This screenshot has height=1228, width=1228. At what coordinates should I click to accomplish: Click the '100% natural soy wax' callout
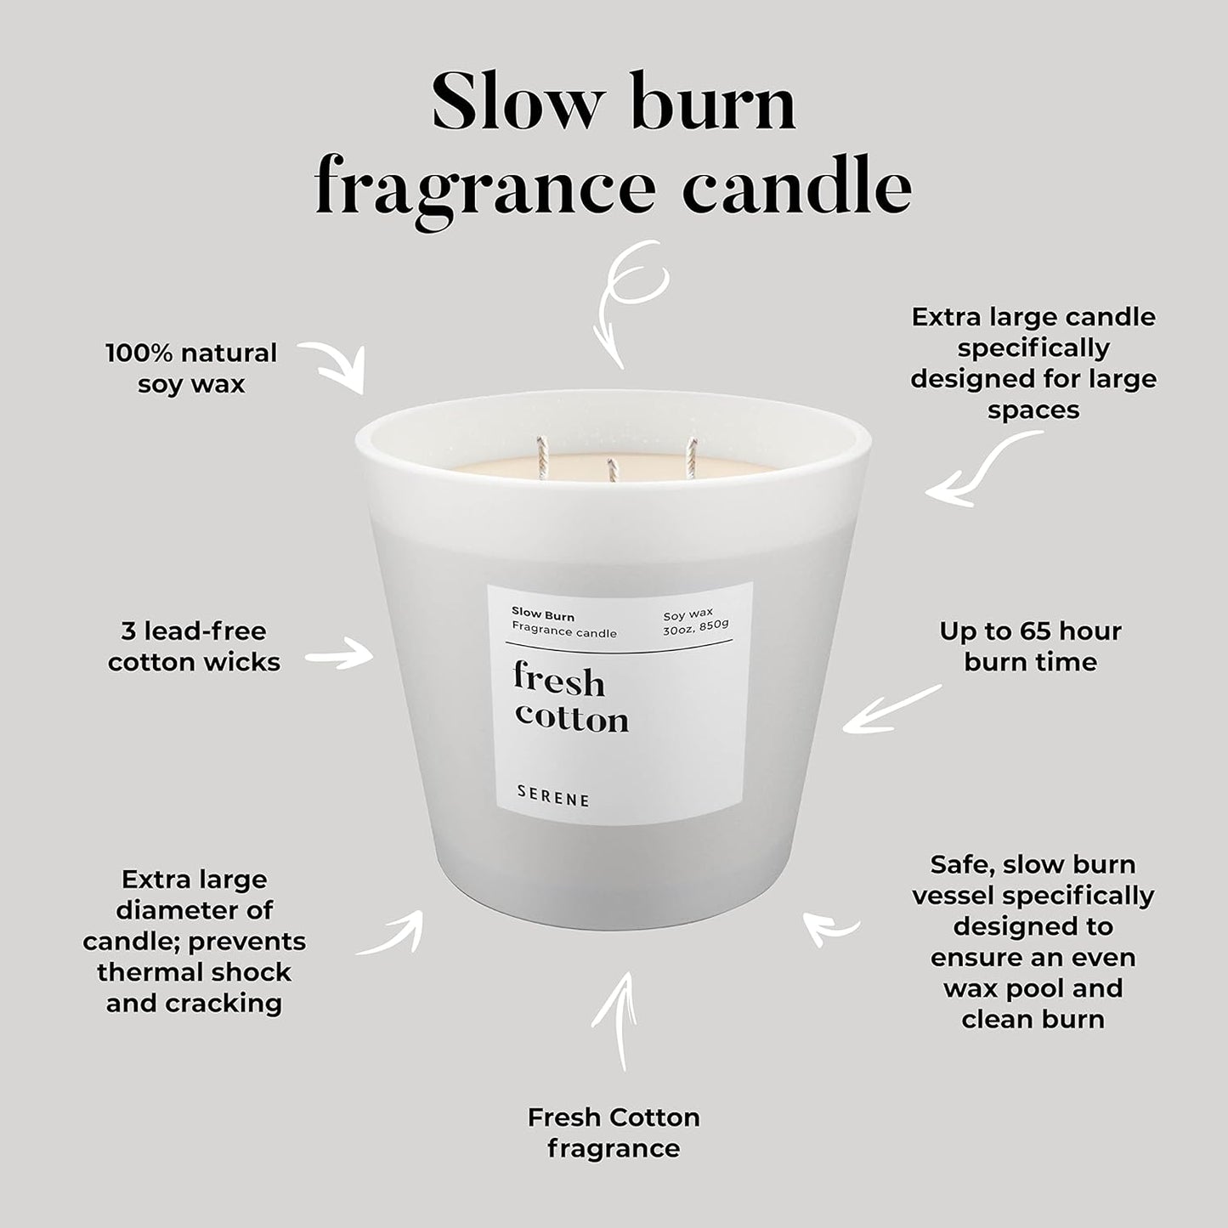[191, 368]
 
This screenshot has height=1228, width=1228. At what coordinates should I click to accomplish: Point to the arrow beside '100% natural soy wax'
[333, 365]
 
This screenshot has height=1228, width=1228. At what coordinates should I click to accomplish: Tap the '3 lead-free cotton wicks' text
[194, 646]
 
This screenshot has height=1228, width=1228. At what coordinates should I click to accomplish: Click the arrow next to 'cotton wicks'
[338, 656]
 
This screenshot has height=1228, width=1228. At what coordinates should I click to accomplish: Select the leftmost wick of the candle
[540, 453]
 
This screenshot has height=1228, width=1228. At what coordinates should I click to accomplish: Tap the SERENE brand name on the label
[553, 799]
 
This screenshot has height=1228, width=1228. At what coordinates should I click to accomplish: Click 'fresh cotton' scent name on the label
[570, 699]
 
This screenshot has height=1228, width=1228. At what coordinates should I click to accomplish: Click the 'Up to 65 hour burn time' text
[1030, 646]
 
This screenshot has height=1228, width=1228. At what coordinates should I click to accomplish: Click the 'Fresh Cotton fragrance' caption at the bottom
[614, 1132]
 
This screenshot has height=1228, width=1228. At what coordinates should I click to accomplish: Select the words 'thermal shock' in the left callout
[194, 971]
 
